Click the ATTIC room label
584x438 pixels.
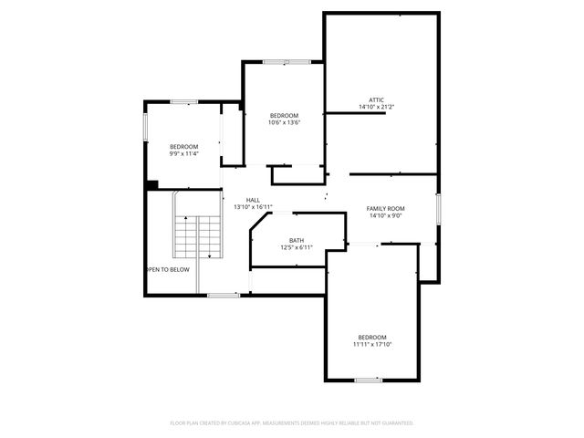point(376,99)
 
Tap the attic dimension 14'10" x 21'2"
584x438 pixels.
point(376,108)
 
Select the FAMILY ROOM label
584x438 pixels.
point(386,208)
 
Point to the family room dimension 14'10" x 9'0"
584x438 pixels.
point(386,216)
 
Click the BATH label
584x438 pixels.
point(297,240)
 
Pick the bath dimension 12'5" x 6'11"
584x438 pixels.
point(297,247)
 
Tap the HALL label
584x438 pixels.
point(253,200)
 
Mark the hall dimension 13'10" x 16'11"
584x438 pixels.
point(253,207)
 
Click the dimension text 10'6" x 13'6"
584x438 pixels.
point(285,122)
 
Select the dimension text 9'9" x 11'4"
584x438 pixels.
point(183,153)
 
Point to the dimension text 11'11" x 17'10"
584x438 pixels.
point(372,344)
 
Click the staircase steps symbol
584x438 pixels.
point(198,238)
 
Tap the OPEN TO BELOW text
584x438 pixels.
point(168,269)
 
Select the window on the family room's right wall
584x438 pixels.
point(438,208)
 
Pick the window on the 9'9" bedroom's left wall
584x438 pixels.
point(145,127)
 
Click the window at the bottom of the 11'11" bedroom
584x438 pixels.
point(368,379)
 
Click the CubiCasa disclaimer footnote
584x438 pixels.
point(292,422)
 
